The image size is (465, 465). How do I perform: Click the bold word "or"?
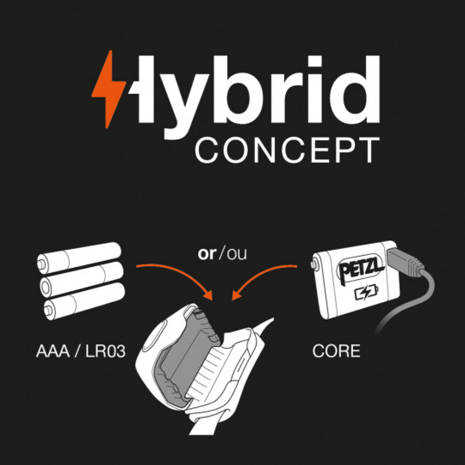[207, 254]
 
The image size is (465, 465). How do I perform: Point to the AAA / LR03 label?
[81, 351]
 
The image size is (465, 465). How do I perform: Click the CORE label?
[336, 351]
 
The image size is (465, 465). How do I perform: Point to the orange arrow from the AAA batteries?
[178, 276]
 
